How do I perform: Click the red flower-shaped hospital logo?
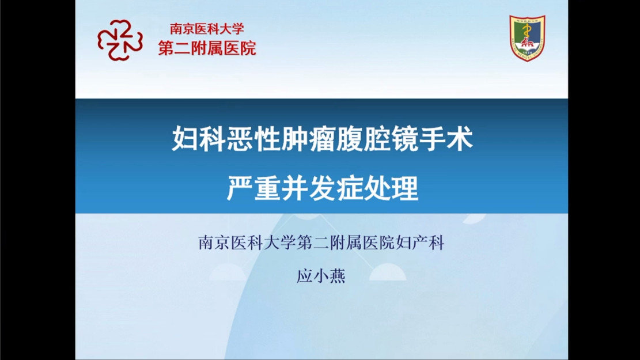point(120,40)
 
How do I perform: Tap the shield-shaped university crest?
point(527,38)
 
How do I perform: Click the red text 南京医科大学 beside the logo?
point(207,29)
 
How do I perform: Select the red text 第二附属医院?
point(207,48)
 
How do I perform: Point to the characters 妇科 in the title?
point(198,138)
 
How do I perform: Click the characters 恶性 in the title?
point(253,138)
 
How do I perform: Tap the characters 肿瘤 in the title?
point(308,138)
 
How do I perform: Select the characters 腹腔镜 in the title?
point(376,138)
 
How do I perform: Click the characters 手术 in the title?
point(445,138)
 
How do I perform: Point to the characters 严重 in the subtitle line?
point(253,188)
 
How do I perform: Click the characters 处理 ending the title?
point(391,188)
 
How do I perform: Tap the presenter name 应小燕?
point(321,276)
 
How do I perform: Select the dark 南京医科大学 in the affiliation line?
point(247,242)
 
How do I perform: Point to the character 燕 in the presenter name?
point(338,276)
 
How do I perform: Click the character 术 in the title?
point(459,138)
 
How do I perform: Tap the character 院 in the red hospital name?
point(248,48)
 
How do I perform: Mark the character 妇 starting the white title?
point(185,138)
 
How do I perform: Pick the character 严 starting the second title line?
point(240,188)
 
